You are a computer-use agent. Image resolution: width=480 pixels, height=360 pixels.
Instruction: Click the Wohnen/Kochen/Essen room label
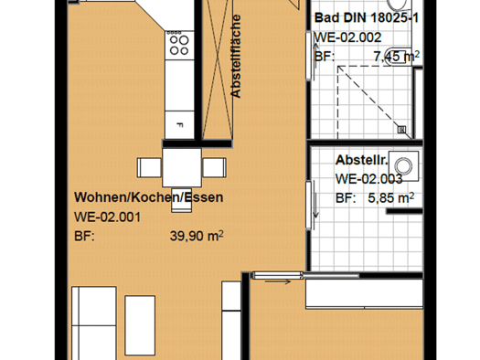coord(148,197)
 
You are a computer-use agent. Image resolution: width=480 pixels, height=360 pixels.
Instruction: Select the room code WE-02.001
coord(108,217)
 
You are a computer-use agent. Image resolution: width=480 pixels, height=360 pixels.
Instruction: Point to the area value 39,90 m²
coord(197,236)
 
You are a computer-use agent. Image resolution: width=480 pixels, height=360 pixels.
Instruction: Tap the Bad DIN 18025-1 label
coord(367,17)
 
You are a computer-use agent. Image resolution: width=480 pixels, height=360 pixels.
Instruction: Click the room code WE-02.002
coord(348,37)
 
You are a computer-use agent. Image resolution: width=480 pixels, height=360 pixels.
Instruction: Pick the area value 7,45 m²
coord(397,57)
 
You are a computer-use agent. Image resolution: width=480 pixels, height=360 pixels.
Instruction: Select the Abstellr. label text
coord(361,160)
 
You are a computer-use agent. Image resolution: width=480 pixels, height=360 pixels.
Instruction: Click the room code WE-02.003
coord(368,179)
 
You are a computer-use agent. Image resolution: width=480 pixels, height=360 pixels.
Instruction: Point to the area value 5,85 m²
coord(391,198)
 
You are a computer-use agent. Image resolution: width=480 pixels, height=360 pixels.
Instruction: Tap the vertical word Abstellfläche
coord(236,57)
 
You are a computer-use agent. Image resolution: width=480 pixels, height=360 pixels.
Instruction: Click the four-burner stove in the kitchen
coord(179,45)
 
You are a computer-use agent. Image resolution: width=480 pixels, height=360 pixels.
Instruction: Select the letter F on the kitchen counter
coord(180,125)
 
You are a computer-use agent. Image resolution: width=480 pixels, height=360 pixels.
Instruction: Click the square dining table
coord(182,167)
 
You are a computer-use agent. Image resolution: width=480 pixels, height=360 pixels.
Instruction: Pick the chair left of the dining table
coord(149,167)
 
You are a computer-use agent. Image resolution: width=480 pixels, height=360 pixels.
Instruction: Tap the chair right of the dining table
coord(214,167)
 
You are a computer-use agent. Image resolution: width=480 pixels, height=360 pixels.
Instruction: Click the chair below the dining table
coord(182,200)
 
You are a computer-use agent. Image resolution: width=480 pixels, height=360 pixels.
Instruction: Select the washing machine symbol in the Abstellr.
coord(403,166)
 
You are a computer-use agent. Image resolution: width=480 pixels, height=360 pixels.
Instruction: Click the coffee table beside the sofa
coord(140,325)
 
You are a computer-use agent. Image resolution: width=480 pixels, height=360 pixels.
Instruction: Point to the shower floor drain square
coord(401,130)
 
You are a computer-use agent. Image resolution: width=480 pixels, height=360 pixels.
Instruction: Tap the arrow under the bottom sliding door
coord(278,282)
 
